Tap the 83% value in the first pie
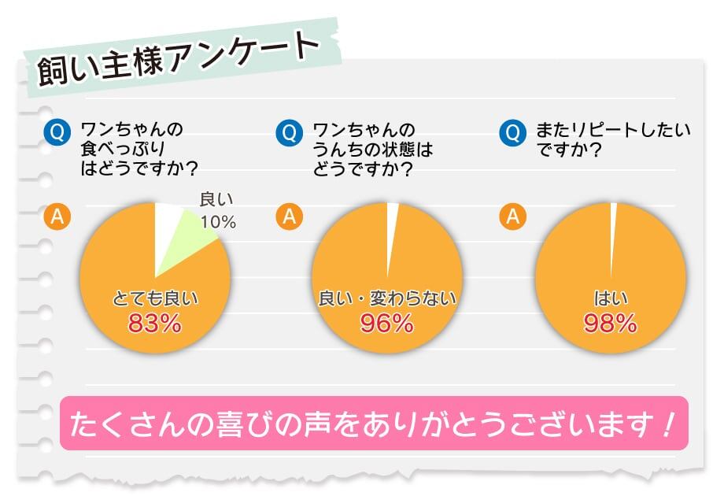(154, 323)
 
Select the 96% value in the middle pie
(386, 323)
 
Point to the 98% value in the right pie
(610, 323)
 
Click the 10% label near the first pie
(218, 222)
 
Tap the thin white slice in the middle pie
(391, 228)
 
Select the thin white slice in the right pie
(613, 224)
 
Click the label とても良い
(154, 298)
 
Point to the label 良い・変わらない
(386, 298)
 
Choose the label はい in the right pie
(610, 298)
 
